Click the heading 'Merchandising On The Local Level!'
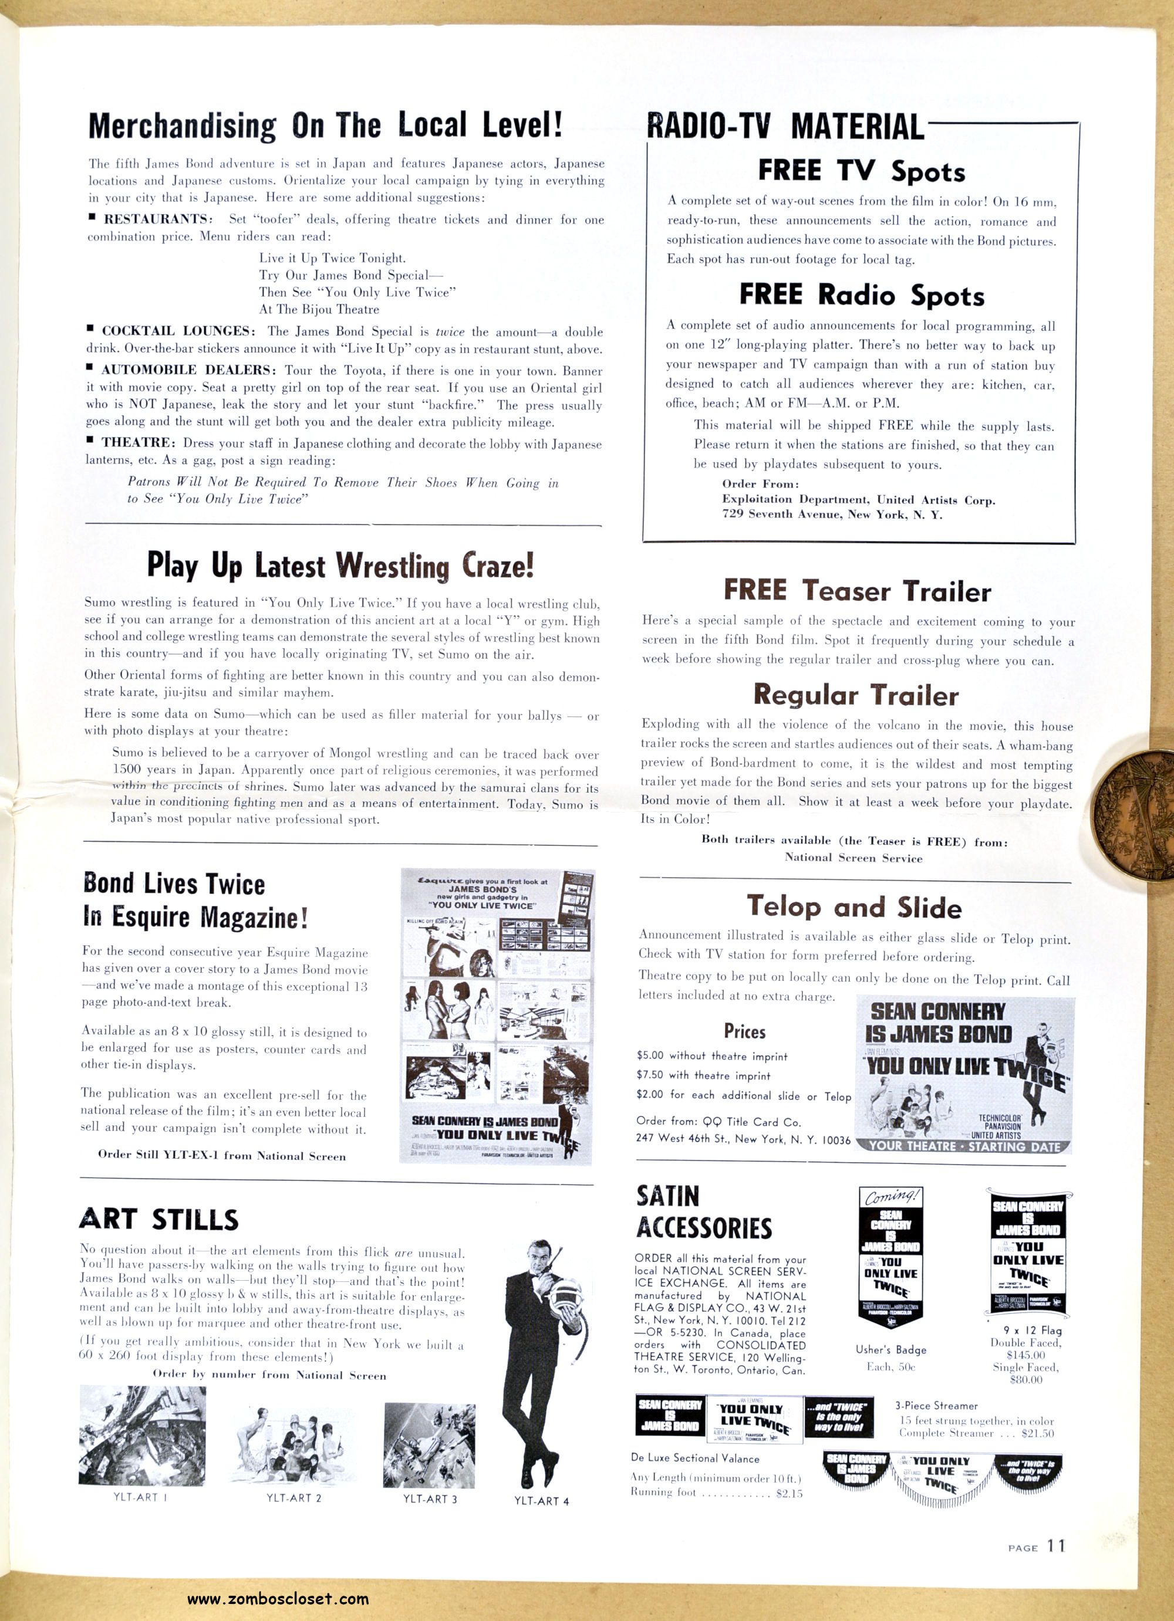[325, 126]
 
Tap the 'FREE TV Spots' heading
[861, 171]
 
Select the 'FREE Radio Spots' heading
[861, 295]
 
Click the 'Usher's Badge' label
[890, 1349]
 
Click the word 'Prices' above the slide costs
[744, 1031]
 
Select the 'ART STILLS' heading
[158, 1219]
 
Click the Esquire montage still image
[496, 1016]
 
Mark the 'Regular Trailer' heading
[855, 695]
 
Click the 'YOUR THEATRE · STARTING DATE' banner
[964, 1146]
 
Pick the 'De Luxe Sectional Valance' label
[695, 1458]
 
